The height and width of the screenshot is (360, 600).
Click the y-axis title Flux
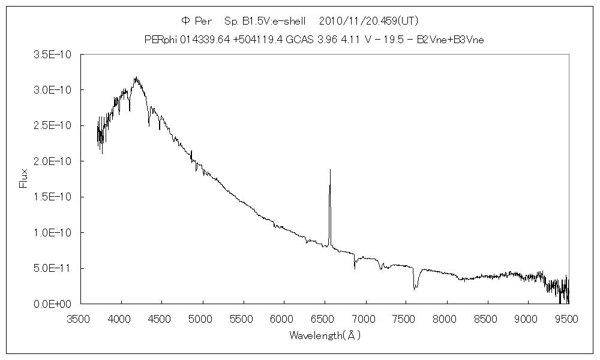coord(24,179)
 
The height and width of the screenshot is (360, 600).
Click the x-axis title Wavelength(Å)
coord(325,335)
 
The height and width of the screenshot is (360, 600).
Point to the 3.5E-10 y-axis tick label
coord(53,55)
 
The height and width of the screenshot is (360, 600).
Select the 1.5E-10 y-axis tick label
coord(53,197)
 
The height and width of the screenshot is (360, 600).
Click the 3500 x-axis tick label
coord(80,318)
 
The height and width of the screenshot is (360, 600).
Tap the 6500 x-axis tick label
coord(325,318)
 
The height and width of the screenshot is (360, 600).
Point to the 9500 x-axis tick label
coord(568,318)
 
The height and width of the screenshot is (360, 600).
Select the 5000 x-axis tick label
coord(202,318)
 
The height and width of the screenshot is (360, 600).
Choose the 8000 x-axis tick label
coord(446,318)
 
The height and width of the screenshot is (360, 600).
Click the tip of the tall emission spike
coord(330,170)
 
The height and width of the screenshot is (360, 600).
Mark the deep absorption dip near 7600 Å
coord(414,289)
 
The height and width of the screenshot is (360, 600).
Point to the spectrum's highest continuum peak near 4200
coord(136,77)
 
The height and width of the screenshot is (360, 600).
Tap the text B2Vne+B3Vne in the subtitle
coord(458,39)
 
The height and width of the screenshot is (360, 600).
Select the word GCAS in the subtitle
coord(298,39)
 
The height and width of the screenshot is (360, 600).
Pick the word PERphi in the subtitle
coord(159,39)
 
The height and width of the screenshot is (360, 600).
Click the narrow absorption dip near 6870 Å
coord(355,268)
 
